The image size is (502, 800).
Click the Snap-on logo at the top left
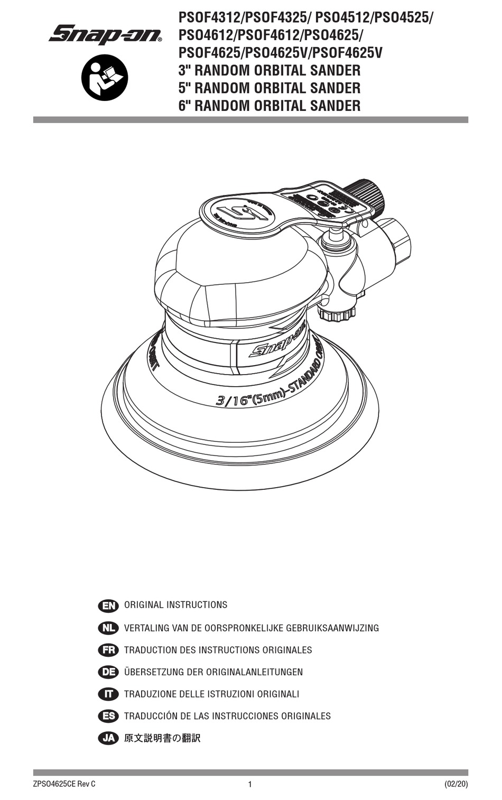105,35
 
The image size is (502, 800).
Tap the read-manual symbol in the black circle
105,78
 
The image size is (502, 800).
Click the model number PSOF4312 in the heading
209,17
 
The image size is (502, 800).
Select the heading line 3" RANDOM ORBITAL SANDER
269,70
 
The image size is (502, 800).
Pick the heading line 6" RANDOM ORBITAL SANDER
269,105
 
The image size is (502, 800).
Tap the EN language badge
108,606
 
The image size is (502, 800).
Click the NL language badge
108,628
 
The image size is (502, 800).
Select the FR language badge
108,650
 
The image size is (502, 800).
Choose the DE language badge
108,672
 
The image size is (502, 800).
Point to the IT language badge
108,694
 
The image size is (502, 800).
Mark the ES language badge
108,716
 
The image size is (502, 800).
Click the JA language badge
108,738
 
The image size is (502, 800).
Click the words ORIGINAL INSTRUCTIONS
175,605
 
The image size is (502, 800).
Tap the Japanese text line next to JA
162,738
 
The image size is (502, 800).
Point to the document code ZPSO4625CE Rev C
64,784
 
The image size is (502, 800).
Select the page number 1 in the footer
250,785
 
